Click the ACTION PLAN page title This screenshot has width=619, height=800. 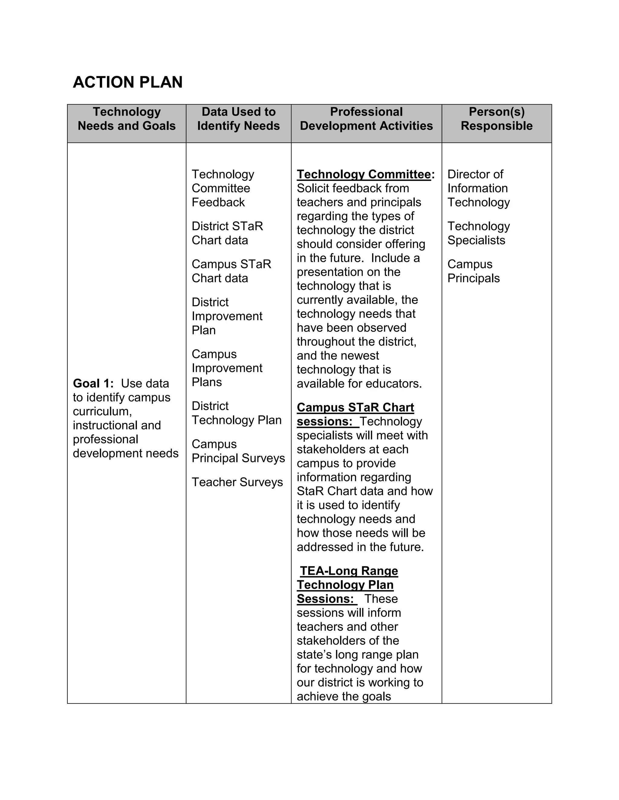pos(128,82)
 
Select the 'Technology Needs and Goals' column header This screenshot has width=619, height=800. pos(127,119)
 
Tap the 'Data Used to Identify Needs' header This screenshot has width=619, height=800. pos(238,119)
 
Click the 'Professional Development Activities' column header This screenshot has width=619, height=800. pos(366,119)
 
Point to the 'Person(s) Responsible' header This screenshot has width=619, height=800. pos(497,119)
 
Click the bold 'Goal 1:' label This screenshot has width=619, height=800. pos(93,383)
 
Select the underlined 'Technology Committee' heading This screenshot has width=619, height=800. pos(364,174)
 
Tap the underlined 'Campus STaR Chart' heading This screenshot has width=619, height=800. pos(355,407)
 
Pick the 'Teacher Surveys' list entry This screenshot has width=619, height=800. pos(237,482)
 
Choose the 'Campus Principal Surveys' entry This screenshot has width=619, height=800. pos(238,451)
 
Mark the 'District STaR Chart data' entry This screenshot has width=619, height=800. pos(227,233)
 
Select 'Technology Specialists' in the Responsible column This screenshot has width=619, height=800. pos(478,233)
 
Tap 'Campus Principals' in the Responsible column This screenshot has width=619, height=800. pos(473,271)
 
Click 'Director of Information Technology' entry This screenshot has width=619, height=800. pos(478,188)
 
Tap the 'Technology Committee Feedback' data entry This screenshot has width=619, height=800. pos(222,188)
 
